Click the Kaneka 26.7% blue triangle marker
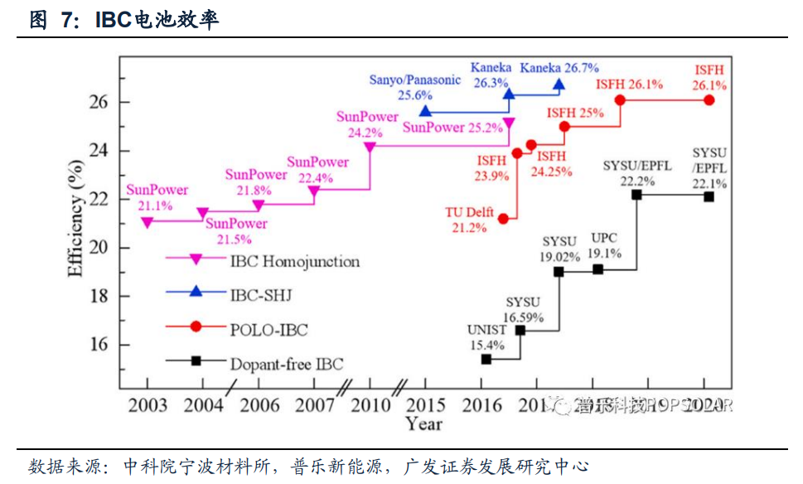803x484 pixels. pos(559,85)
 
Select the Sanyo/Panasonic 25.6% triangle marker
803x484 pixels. pos(425,111)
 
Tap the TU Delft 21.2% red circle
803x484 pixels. pos(503,218)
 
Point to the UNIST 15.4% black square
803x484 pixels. pos(486,359)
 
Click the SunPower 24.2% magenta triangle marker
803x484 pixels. pos(370,148)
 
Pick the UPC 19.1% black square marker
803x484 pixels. pos(598,269)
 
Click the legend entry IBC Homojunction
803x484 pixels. pos(294,262)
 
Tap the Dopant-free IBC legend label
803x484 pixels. pos(285,363)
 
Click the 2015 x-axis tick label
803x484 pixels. pos(426,405)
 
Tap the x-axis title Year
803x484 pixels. pos(423,424)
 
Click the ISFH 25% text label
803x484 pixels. pos(574,113)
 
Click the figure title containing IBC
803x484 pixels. pos(124,20)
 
